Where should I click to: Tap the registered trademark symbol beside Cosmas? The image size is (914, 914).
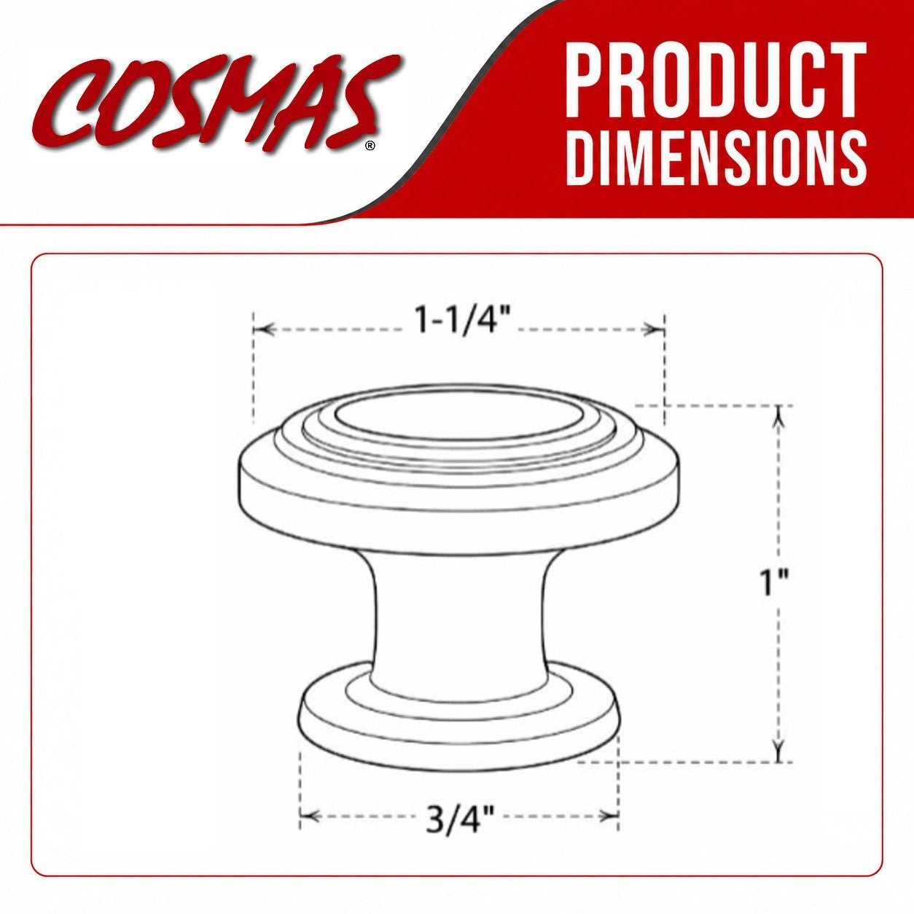370,146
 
